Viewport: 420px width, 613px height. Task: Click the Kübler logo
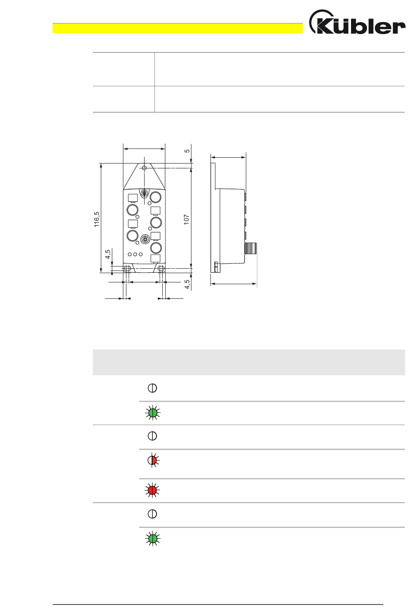coord(357,22)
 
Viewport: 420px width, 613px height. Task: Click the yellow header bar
coord(178,28)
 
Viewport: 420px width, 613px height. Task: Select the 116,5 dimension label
coord(97,219)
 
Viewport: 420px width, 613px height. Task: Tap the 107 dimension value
coord(187,220)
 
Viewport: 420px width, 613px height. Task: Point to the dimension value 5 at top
coord(187,151)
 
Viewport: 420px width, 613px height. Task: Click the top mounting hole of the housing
coord(144,168)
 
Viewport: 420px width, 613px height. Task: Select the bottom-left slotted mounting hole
coord(127,269)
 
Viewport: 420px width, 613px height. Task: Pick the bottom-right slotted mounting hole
coord(161,269)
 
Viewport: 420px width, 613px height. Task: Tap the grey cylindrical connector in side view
coord(251,248)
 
